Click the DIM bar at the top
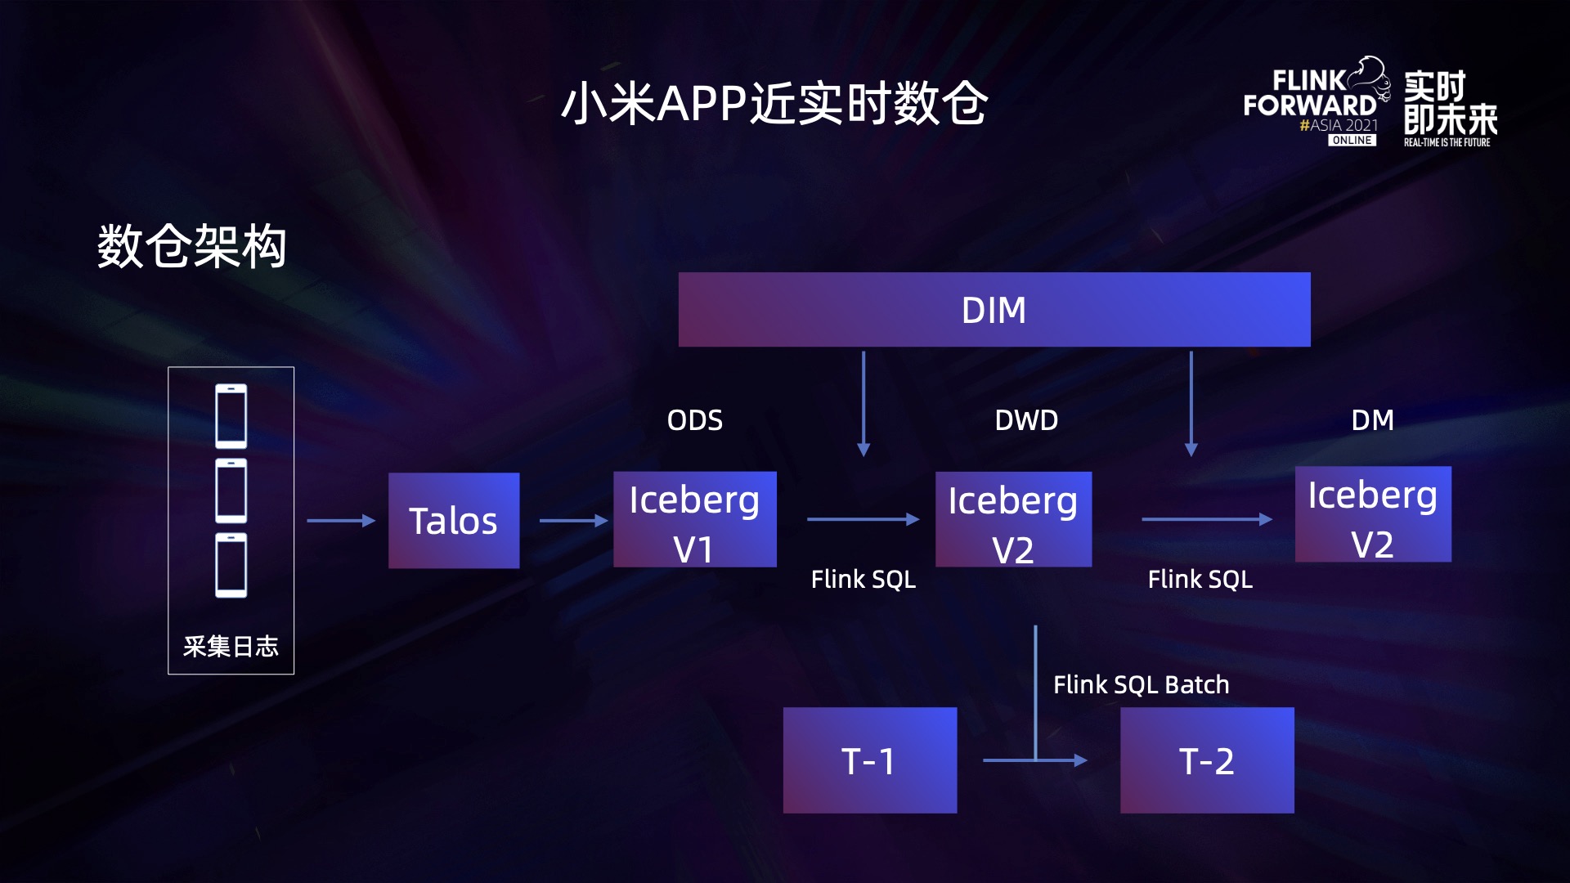[994, 310]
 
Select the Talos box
[454, 521]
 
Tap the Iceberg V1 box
[694, 520]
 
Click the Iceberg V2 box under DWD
[1013, 520]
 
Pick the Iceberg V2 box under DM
[1373, 515]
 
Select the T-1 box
[869, 760]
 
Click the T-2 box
[1206, 760]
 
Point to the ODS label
[694, 420]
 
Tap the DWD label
[1026, 420]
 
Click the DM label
[1372, 420]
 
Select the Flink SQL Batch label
[1141, 684]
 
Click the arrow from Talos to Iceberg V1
[573, 520]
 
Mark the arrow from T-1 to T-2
[1034, 760]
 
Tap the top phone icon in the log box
[231, 416]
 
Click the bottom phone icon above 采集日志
[231, 565]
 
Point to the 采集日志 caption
[231, 647]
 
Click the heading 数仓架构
[192, 246]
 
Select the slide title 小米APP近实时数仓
[774, 104]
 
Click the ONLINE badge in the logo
[1352, 141]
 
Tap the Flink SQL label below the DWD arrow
[863, 580]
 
